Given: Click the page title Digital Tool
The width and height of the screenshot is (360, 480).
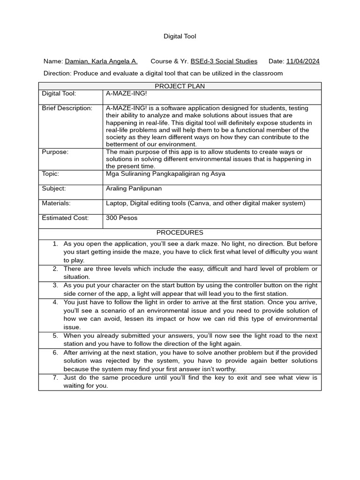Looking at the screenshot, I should pos(180,36).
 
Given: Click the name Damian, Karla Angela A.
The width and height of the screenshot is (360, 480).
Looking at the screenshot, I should pos(101,61).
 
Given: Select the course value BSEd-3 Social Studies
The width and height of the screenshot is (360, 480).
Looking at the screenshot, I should pos(224,61).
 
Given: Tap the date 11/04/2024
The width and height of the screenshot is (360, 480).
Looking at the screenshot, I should pos(302,61).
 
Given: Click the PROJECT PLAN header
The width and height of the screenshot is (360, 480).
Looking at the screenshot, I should pos(180,86).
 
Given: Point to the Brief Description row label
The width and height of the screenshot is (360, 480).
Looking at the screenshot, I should pos(67,108).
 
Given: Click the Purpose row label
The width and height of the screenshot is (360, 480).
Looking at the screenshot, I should pos(55,152).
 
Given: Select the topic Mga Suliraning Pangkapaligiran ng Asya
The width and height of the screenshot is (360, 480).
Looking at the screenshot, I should pos(165,174).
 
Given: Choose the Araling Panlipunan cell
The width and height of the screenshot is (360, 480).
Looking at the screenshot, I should pos(133,188).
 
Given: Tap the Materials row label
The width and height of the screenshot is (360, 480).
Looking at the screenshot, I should pos(56,203).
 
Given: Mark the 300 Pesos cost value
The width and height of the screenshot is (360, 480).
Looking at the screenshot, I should pos(122,218).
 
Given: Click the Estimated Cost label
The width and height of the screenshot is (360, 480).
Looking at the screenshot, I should pos(65,218).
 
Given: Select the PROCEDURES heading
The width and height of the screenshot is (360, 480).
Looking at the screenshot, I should pos(180,232).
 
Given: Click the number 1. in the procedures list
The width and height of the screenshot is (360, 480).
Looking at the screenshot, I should pos(55,244).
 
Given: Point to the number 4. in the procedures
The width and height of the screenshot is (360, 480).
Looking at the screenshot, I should pos(55,302).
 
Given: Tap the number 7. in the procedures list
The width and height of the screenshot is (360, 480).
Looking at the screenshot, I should pos(55,377).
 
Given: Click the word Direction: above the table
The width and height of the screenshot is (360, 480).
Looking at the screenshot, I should pos(57,74).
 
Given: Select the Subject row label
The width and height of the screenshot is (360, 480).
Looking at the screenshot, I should pos(54,188).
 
